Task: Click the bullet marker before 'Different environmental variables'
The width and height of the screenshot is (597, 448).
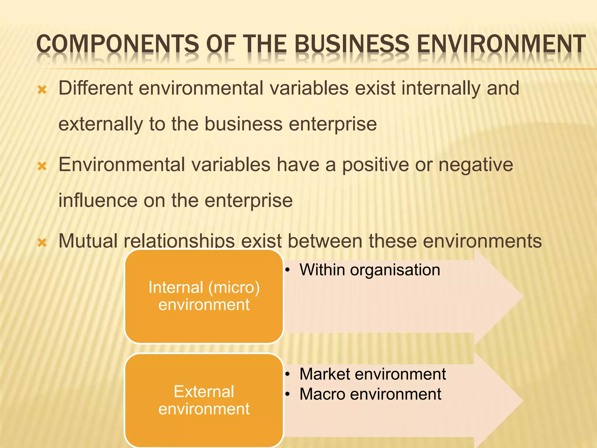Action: point(42,90)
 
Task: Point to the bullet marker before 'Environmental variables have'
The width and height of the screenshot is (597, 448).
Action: point(42,166)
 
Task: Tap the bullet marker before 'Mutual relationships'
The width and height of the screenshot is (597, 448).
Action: point(42,242)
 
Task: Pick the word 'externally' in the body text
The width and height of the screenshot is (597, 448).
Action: point(101,124)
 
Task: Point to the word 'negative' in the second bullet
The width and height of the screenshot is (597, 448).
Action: point(476,165)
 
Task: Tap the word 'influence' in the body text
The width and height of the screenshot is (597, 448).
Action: point(98,200)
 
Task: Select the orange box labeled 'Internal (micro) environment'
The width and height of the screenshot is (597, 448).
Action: point(204,296)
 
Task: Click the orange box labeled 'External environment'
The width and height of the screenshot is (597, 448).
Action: point(204,400)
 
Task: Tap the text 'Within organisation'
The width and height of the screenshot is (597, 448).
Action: point(370,270)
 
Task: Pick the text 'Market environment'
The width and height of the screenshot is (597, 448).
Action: point(373,374)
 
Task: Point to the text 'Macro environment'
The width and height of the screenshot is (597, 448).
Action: point(370,394)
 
